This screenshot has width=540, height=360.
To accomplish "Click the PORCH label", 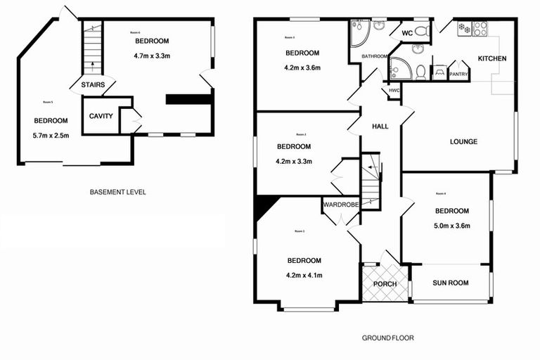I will pyautogui.click(x=385, y=284).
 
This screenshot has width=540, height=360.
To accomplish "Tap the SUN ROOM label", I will pyautogui.click(x=450, y=283).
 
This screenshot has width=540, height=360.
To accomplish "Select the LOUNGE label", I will pyautogui.click(x=463, y=142).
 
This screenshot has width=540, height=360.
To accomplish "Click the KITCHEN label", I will pyautogui.click(x=491, y=59).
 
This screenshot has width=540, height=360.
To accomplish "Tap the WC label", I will pyautogui.click(x=406, y=33).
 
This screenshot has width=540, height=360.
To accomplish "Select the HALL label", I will pyautogui.click(x=380, y=126).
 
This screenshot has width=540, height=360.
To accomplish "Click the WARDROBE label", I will pyautogui.click(x=341, y=205).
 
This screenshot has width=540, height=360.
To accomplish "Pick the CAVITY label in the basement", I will pyautogui.click(x=101, y=116).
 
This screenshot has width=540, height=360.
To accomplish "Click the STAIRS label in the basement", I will pyautogui.click(x=93, y=85).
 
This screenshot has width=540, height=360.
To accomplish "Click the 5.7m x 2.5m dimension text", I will pyautogui.click(x=51, y=136).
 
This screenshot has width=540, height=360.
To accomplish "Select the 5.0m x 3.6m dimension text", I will pyautogui.click(x=452, y=226).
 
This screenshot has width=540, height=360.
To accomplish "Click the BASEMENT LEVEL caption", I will pyautogui.click(x=118, y=192).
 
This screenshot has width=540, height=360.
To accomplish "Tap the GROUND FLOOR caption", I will pyautogui.click(x=388, y=338).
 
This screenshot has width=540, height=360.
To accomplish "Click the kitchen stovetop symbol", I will pyautogui.click(x=480, y=29).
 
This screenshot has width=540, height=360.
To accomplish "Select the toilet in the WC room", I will pyautogui.click(x=422, y=31).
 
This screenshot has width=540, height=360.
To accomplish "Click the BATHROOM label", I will pyautogui.click(x=375, y=56).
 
